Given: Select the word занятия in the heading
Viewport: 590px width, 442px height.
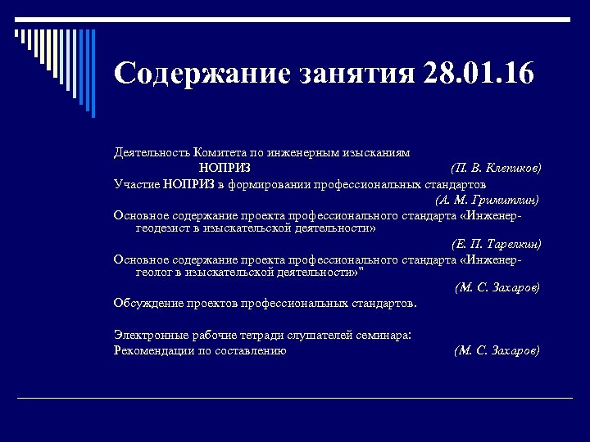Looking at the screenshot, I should [x=357, y=73].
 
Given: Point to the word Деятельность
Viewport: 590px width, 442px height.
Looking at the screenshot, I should [x=152, y=152].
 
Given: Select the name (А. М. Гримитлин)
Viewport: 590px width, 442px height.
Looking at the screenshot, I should [x=488, y=198].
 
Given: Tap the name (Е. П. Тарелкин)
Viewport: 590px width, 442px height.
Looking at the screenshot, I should [x=496, y=243].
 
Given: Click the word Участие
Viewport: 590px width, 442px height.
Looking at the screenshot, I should [x=136, y=183].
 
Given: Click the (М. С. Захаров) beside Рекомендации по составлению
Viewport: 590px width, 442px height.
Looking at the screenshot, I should [x=496, y=350].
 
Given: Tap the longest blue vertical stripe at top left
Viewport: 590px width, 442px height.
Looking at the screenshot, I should [x=93, y=74].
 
